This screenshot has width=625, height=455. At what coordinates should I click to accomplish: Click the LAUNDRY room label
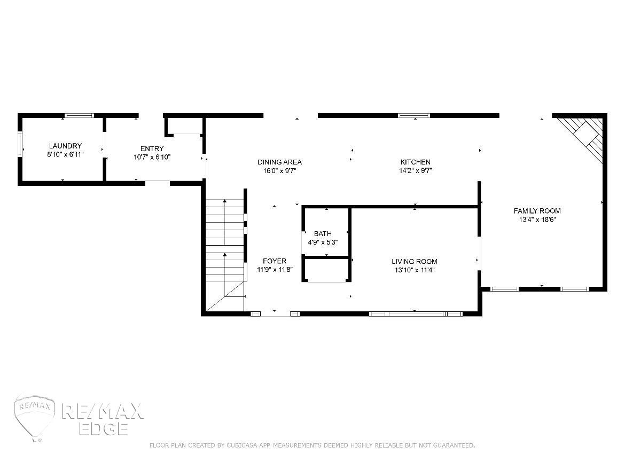65,146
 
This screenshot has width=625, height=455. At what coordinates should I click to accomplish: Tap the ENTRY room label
152,148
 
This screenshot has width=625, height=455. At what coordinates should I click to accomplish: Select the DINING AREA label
279,162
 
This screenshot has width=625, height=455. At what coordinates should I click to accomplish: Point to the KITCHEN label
416,162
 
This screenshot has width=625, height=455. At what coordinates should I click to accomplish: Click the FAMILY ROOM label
537,211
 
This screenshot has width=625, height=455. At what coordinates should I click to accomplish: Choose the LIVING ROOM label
415,261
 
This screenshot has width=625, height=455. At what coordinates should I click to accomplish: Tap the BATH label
323,233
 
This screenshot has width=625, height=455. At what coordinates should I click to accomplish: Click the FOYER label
275,261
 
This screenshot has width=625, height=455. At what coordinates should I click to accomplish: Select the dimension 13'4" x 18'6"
537,219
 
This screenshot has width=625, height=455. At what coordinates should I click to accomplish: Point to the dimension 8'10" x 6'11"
65,154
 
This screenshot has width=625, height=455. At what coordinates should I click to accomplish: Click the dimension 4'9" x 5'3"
323,242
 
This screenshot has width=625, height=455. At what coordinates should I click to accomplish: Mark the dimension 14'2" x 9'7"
416,170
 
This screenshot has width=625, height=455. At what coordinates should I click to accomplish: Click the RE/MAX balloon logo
35,417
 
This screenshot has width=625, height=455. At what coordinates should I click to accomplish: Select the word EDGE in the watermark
104,429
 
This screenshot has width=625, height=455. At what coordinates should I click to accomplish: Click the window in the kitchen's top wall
414,115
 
